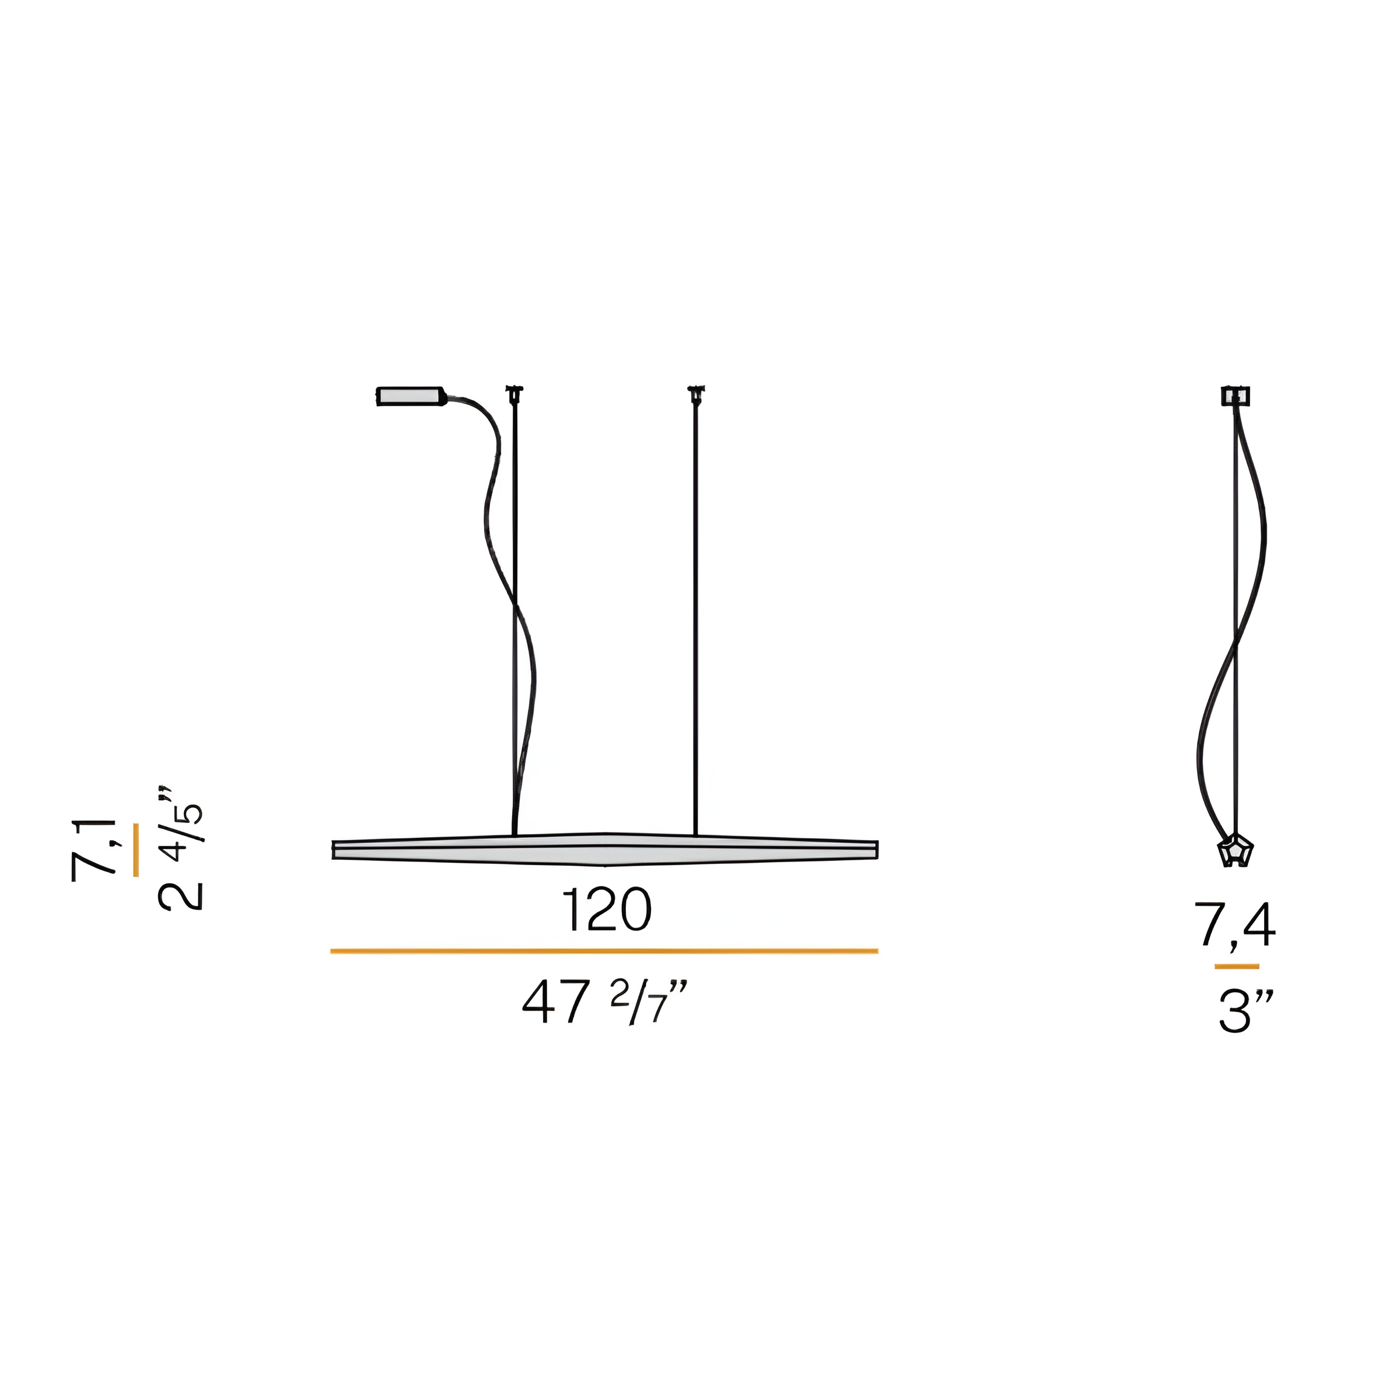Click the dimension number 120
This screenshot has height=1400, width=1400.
tap(607, 910)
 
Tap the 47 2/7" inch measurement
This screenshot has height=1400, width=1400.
tap(604, 1002)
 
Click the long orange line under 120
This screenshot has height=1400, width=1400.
tap(604, 951)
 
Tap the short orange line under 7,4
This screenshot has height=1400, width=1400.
tap(1237, 966)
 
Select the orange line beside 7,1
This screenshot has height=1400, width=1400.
tap(136, 850)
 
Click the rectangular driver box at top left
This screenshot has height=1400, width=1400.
tap(410, 397)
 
